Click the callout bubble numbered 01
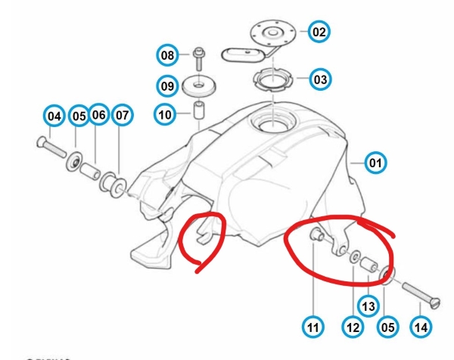click(375, 163)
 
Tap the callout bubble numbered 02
click(319, 32)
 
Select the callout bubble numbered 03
click(320, 79)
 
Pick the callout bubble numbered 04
click(54, 116)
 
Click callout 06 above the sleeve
click(98, 115)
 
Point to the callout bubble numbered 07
click(122, 116)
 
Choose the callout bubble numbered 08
click(167, 55)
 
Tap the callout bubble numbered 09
click(167, 86)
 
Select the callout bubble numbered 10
click(165, 115)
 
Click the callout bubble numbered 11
click(313, 327)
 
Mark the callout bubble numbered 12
click(353, 327)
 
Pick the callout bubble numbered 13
click(368, 306)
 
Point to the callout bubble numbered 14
click(421, 327)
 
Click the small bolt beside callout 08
click(199, 59)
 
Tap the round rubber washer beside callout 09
click(199, 86)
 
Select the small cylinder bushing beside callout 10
click(198, 110)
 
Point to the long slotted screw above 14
click(421, 294)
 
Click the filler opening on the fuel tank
click(273, 122)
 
